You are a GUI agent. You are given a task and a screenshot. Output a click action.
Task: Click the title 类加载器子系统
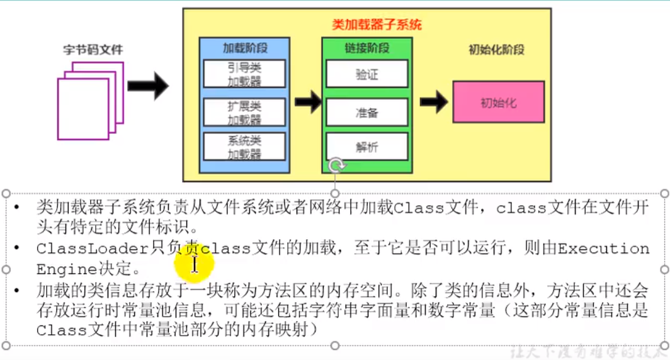click(377, 25)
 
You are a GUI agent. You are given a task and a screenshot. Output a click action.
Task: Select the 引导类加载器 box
click(244, 74)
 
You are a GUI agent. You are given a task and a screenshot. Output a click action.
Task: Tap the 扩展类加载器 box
click(244, 112)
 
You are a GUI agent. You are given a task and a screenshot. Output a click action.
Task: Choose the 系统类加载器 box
click(244, 147)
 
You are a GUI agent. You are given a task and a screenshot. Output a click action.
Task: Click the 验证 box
click(366, 74)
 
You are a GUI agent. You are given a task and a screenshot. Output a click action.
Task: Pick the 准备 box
click(366, 113)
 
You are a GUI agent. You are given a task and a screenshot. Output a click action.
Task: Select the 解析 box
click(366, 147)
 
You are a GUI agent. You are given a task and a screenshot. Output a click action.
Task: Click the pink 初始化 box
click(498, 103)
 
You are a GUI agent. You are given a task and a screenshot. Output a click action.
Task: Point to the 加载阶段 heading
click(244, 48)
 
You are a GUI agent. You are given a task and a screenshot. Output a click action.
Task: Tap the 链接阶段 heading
click(366, 48)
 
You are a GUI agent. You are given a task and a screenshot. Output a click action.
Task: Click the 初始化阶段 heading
click(497, 50)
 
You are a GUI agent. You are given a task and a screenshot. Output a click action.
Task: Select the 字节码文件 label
click(93, 49)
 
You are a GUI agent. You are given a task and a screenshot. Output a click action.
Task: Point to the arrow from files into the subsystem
click(148, 86)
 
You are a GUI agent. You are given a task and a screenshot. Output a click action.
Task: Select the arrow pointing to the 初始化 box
click(434, 101)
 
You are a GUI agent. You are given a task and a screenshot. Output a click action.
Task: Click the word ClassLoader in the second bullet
click(93, 249)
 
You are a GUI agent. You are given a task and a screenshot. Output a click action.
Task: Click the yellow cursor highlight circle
click(194, 262)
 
